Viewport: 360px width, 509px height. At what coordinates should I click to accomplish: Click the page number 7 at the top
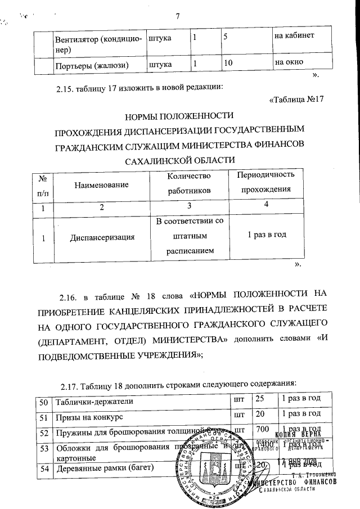coord(178,15)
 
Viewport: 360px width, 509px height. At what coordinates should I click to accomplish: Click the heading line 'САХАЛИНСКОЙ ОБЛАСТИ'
coord(178,160)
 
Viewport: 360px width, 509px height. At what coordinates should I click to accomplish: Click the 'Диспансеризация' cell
coord(102,237)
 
